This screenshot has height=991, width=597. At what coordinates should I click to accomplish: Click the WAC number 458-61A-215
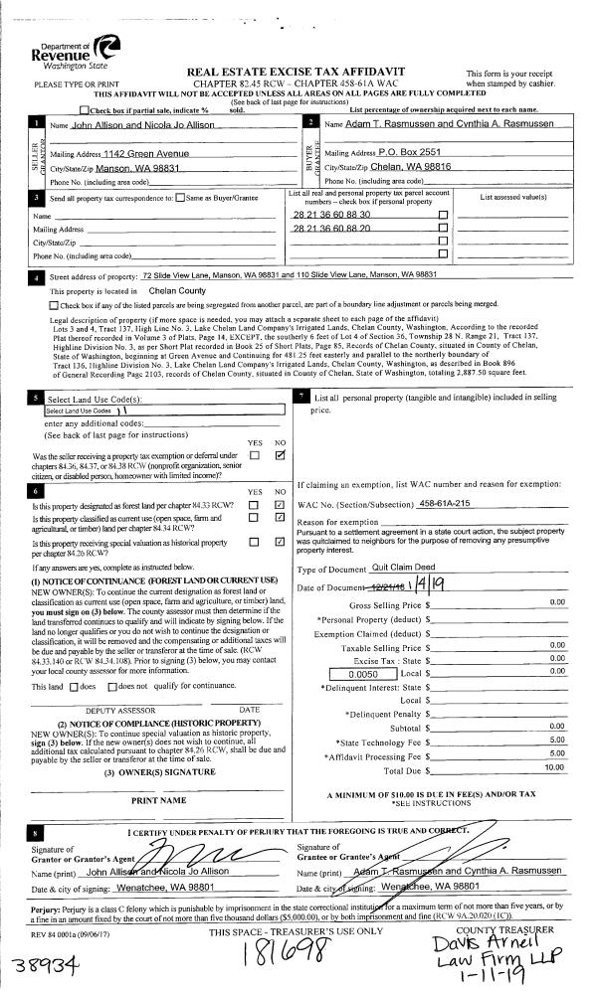(x=455, y=504)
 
